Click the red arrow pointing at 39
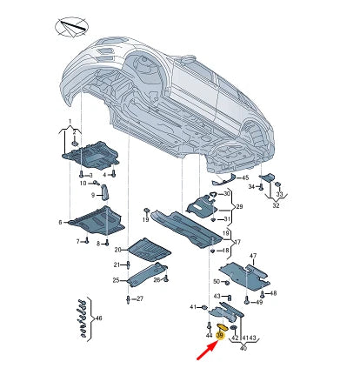pos(208,351)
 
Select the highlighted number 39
pos(220,336)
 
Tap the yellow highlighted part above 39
pos(223,327)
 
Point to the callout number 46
pos(99,318)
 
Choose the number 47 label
pos(253,256)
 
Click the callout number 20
pos(117,250)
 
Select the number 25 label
pos(116,280)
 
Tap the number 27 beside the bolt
pos(140,298)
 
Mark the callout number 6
pos(60,223)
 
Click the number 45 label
pos(245,177)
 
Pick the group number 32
pos(276,205)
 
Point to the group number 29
pos(239,207)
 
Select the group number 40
pos(243,347)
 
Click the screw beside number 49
pos(246,300)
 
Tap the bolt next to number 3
pos(81,174)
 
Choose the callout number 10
pos(83,184)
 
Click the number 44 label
pos(209,336)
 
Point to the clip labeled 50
pos(227,282)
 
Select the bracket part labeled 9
pos(104,192)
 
